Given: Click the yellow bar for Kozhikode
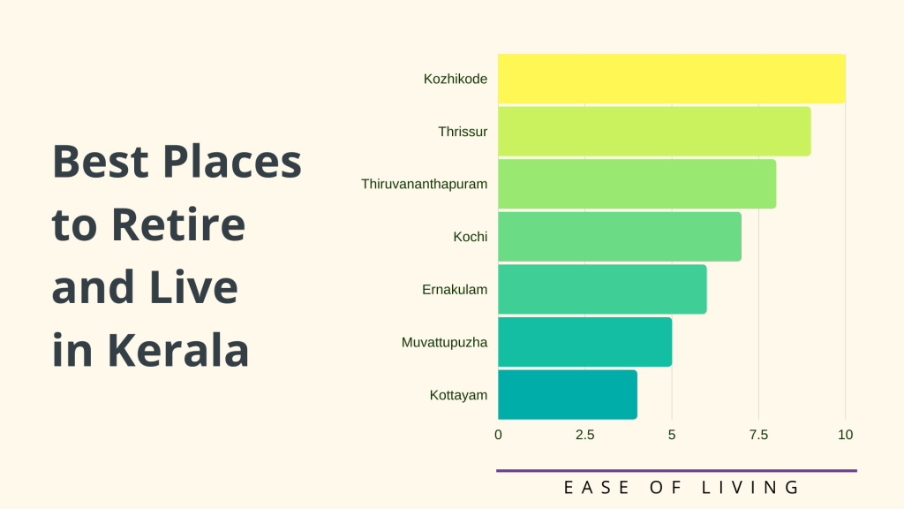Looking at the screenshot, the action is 672,79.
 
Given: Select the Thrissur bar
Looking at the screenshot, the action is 654,131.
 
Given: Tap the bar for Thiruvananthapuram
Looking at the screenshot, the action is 637,184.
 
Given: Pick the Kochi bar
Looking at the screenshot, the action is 620,237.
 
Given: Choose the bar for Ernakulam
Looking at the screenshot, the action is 602,289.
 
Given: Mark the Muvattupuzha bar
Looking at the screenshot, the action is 585,342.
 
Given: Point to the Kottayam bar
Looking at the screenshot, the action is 568,395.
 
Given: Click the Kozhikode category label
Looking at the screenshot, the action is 456,79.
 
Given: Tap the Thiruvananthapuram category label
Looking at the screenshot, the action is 425,185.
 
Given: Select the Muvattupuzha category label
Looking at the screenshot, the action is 445,343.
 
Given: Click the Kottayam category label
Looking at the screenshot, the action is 458,395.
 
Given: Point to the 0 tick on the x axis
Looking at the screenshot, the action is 498,435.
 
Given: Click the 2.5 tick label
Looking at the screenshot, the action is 584,435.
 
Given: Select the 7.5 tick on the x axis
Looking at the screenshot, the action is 758,435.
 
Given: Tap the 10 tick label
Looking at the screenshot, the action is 845,435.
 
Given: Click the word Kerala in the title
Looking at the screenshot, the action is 178,350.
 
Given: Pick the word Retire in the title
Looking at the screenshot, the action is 178,224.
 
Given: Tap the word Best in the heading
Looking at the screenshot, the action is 101,162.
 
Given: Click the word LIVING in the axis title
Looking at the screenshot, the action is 750,488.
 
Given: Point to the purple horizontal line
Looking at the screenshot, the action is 677,471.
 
